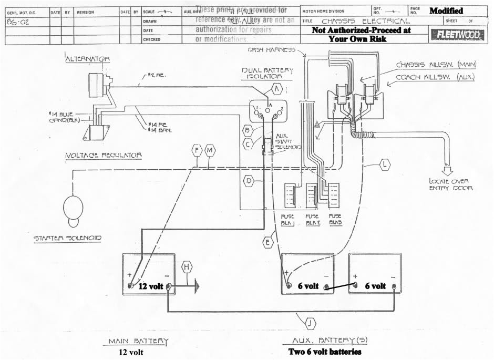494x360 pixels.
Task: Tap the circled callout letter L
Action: click(385, 165)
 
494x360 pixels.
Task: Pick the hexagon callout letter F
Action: click(197, 151)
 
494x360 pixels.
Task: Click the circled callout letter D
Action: click(250, 181)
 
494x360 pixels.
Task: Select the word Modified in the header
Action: click(446, 11)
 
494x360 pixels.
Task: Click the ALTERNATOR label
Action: click(88, 59)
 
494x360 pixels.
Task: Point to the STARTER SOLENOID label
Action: click(68, 238)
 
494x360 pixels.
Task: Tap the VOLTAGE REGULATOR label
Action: click(104, 156)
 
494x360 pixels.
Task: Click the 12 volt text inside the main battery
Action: click(150, 286)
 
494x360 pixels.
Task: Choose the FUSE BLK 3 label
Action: click(335, 219)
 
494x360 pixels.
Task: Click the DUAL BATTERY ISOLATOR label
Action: click(264, 73)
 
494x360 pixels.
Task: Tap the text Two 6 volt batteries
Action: click(325, 351)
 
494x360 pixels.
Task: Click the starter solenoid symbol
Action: click(73, 208)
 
